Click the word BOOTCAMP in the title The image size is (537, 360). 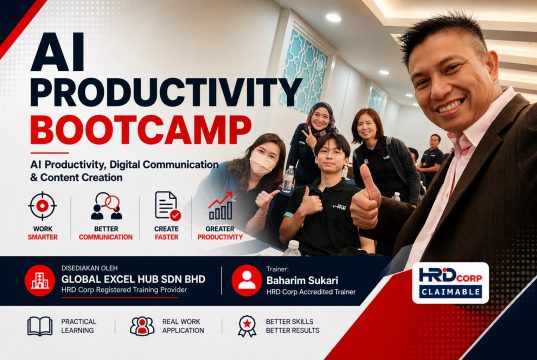[141, 130]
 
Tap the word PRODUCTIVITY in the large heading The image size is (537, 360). [166, 92]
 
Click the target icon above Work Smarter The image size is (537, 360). [42, 206]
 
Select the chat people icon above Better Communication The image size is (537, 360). [107, 206]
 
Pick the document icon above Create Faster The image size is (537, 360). [167, 206]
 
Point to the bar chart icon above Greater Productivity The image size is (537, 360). [221, 206]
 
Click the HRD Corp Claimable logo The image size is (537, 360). [450, 283]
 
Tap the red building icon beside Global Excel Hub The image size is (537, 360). [40, 281]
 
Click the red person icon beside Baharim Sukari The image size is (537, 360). [247, 281]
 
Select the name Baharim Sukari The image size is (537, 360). [302, 281]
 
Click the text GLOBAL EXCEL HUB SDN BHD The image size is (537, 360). [133, 279]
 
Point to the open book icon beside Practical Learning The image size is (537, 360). [40, 326]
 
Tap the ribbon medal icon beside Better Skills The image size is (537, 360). [247, 326]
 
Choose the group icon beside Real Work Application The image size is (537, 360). [142, 326]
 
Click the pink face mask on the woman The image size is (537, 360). [262, 163]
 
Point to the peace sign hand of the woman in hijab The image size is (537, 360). [310, 137]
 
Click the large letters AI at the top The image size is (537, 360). [58, 52]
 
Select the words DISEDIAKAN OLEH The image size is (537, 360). [85, 268]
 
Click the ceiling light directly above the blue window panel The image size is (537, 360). [333, 17]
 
